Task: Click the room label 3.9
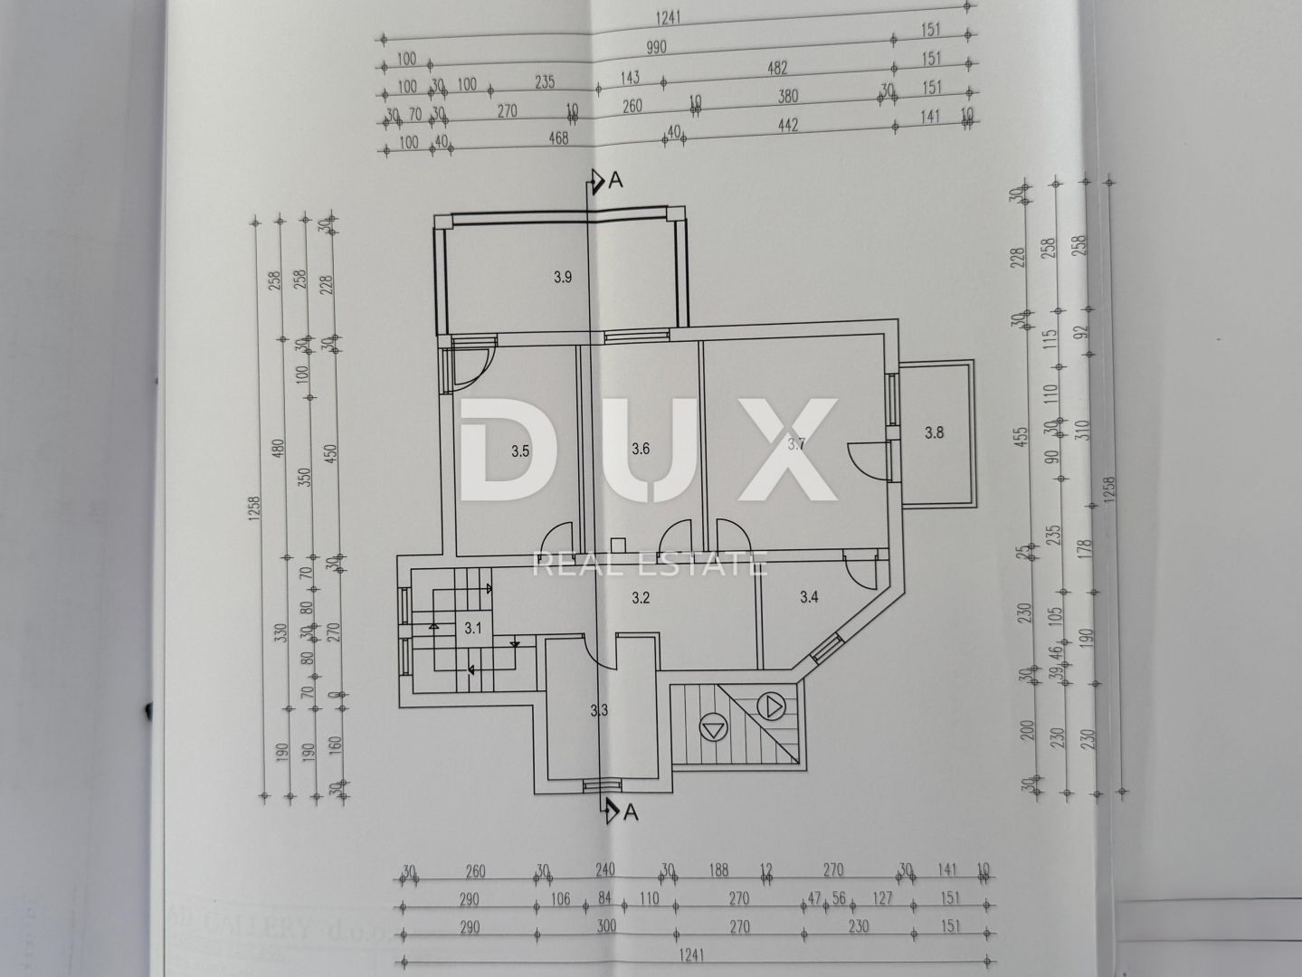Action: [562, 278]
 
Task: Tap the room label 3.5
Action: [519, 451]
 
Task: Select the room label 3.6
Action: [641, 448]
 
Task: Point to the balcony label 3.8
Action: [934, 432]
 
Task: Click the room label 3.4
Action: [809, 597]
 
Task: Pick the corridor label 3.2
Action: [641, 597]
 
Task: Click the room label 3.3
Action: [598, 711]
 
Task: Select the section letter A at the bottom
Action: [630, 812]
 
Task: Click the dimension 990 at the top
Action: [656, 47]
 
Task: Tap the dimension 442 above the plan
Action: [787, 126]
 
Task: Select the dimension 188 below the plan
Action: [718, 871]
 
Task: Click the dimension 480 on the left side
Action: [279, 448]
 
